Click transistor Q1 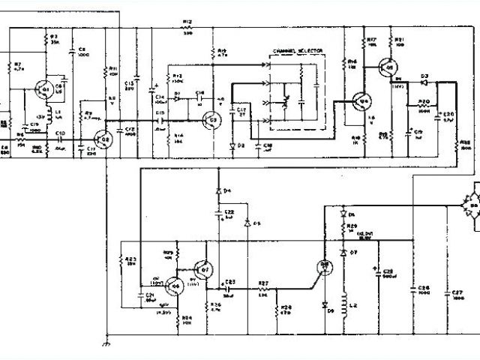(46, 91)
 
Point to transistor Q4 (363, 100)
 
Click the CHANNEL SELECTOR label (298, 49)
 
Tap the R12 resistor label (187, 22)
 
